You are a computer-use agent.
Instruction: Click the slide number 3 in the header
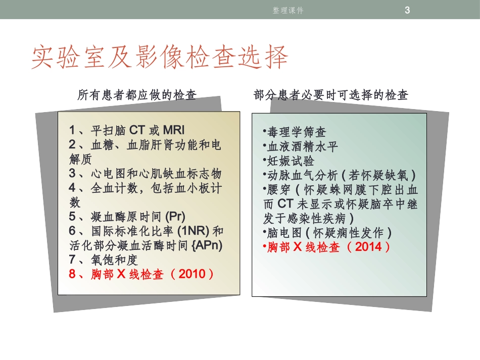click(408, 10)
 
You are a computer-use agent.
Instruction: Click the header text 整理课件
click(288, 10)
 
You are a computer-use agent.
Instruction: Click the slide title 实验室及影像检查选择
click(160, 58)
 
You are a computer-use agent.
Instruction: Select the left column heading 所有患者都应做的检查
click(136, 95)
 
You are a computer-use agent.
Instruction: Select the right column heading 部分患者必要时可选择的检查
click(331, 95)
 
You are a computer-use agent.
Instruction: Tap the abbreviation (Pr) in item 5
click(175, 217)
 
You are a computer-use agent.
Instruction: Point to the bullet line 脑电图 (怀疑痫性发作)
click(328, 233)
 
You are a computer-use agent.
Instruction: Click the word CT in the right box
click(285, 204)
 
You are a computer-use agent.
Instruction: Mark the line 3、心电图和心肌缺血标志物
click(146, 173)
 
